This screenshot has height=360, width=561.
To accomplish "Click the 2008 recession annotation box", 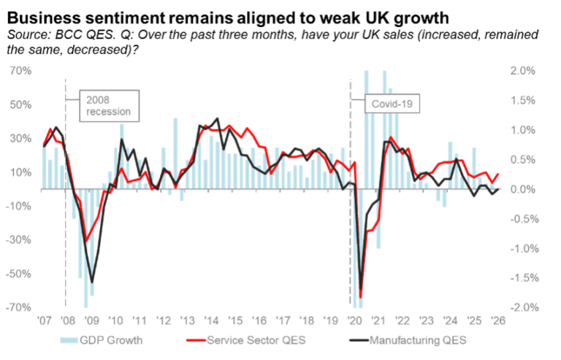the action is click(x=109, y=106).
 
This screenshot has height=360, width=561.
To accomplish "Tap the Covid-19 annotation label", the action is click(x=392, y=104).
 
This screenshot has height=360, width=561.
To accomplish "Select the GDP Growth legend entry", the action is click(x=102, y=340).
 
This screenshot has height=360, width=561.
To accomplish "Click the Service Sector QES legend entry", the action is click(x=246, y=340).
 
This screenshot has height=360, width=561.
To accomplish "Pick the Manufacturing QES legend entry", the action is click(x=408, y=340).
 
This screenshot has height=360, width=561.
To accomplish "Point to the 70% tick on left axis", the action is click(x=20, y=71).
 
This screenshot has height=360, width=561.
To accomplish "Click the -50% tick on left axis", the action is click(x=18, y=274).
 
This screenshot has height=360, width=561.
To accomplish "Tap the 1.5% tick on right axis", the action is click(x=523, y=101).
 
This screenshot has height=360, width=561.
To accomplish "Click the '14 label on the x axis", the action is click(x=211, y=321).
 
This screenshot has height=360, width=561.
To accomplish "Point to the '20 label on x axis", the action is click(x=354, y=321).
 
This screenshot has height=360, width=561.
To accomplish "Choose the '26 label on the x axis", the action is click(x=497, y=321).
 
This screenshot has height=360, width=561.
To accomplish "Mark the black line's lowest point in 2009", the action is click(x=92, y=283).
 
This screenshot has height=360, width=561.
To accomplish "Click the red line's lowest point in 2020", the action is click(x=360, y=297).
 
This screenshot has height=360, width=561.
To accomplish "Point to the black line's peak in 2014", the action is click(x=218, y=118).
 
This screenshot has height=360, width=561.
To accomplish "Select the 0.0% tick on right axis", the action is click(x=523, y=189).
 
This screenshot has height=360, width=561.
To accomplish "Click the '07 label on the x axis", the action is click(x=45, y=321).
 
